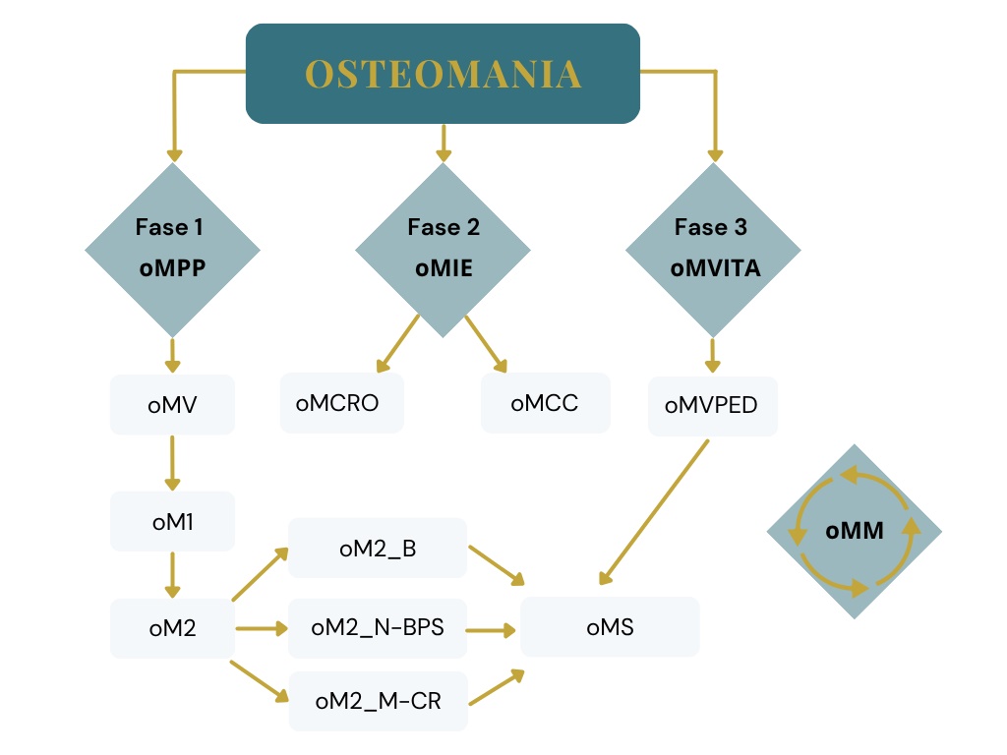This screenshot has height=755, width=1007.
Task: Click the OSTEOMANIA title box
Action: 443,74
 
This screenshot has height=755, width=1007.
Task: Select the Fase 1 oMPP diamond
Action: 172,250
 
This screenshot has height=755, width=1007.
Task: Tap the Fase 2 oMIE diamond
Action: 443,250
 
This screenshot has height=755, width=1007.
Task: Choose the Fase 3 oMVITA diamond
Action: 715,250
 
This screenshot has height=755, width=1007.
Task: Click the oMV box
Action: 172,404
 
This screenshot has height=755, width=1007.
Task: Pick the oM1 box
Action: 172,521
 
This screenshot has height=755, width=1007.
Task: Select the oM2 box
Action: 172,627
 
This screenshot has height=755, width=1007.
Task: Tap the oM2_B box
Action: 378,548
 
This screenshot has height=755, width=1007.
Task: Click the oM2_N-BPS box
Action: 378,627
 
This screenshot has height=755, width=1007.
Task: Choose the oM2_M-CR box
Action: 378,702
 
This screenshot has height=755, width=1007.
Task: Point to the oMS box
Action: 610,627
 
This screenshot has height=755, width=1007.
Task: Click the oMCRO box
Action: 341,403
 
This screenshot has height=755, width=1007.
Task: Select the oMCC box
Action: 545,403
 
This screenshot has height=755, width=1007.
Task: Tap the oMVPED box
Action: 712,405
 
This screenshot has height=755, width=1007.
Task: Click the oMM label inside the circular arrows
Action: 854,532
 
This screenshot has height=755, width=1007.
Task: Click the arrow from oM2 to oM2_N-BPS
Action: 260,627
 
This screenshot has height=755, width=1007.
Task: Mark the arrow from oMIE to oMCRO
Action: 397,344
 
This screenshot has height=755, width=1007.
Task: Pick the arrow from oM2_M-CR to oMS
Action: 496,688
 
